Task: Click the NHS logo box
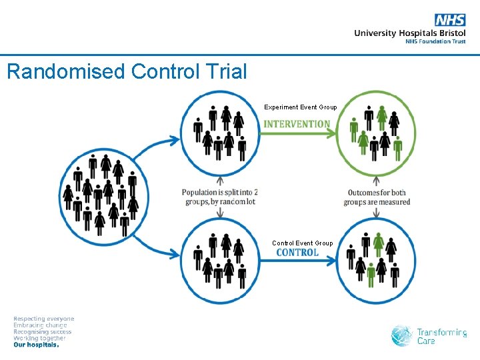tap(450, 20)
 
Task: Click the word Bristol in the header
tap(451, 33)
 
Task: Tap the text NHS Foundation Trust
tap(435, 41)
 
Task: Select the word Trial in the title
tap(224, 71)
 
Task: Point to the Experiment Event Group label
tap(300, 107)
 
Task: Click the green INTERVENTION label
tap(297, 124)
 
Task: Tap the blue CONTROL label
tap(297, 253)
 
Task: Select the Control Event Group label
tap(302, 243)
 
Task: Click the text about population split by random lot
tap(220, 197)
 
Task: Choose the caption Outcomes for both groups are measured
tap(377, 197)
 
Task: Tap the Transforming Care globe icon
tap(402, 336)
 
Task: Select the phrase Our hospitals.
tap(37, 345)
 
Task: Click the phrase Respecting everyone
tap(44, 319)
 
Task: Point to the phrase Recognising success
tap(43, 332)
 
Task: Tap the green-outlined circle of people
tap(377, 133)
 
